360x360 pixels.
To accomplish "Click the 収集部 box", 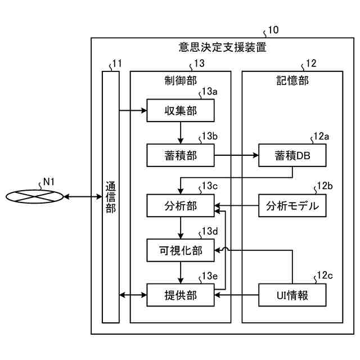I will point(180,110).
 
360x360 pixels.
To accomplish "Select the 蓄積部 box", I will point(180,155).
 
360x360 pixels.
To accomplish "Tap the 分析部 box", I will point(180,206).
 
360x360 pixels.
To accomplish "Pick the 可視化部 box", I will point(180,250).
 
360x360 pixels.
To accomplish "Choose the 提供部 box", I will point(180,295).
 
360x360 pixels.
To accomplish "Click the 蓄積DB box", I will point(292,155).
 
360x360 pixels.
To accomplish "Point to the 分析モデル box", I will point(292,206).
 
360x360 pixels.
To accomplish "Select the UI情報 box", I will point(292,295).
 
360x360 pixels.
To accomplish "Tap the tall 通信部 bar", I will point(111,197).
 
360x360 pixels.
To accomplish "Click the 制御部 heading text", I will point(180,80).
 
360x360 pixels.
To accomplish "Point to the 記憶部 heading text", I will point(292,80).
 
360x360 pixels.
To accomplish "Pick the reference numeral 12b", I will point(325,186).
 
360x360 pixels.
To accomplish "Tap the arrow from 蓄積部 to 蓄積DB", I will point(236,155).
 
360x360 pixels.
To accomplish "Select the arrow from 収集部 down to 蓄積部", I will point(180,133).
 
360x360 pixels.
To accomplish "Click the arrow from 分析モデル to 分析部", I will point(236,206).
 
